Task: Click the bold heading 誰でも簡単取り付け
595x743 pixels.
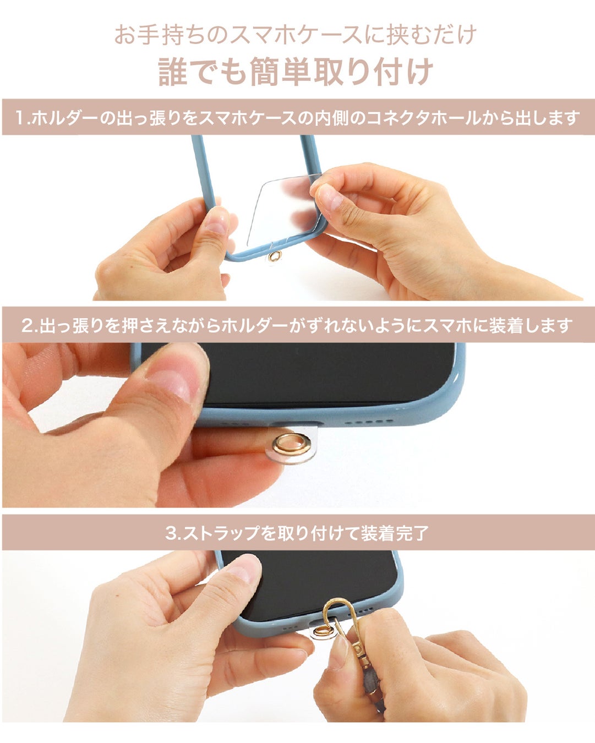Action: [296, 72]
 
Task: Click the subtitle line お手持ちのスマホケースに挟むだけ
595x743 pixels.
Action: [296, 35]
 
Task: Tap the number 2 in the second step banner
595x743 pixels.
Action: [28, 326]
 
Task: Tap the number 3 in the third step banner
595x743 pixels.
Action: [171, 533]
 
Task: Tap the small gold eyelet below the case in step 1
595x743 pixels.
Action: [275, 256]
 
